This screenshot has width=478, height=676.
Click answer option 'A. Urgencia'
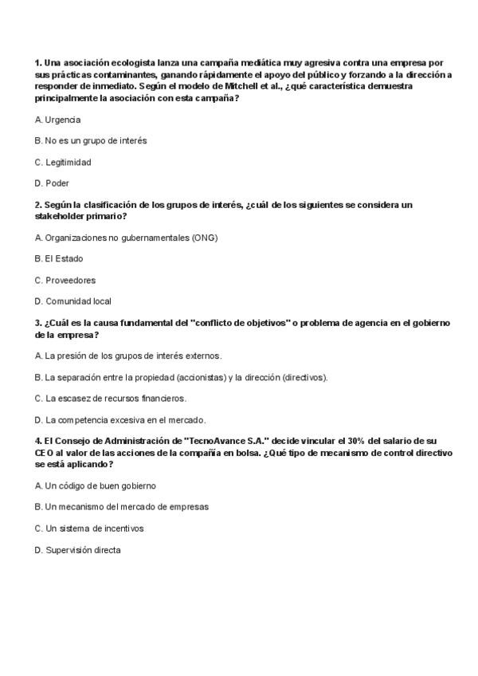(58, 120)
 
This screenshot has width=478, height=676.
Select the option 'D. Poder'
(53, 183)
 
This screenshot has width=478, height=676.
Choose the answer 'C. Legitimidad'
(63, 162)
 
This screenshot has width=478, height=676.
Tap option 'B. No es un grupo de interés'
(91, 140)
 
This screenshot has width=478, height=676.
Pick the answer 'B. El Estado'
(59, 258)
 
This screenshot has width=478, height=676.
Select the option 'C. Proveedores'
(65, 280)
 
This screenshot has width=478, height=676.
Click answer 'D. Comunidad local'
(73, 301)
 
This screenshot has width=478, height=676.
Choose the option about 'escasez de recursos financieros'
(111, 398)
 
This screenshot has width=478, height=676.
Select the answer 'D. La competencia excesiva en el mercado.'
(120, 419)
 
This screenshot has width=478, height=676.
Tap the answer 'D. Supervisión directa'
(78, 549)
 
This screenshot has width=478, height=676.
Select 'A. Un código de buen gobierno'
(96, 485)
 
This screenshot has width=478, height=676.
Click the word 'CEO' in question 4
(44, 452)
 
